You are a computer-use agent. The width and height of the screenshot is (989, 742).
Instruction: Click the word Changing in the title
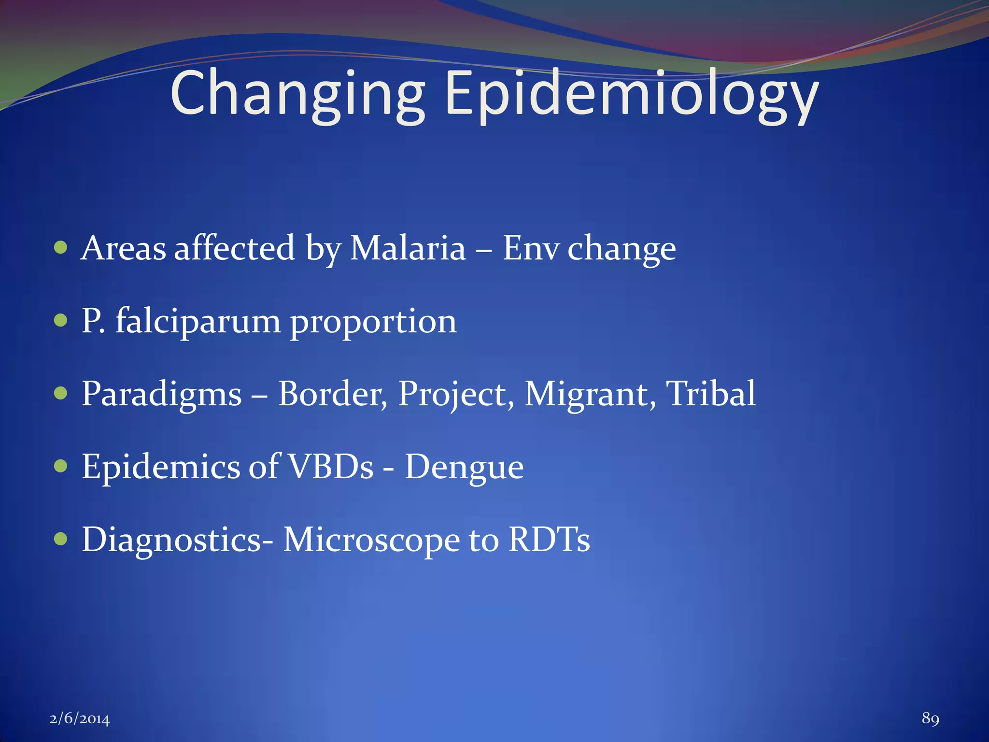(x=297, y=94)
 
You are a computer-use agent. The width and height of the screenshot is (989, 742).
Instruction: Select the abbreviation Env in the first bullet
(x=530, y=248)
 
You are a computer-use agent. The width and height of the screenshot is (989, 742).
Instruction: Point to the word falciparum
(x=198, y=322)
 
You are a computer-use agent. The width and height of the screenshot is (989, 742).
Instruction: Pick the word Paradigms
(x=161, y=394)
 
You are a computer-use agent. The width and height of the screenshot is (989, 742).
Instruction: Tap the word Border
(x=332, y=394)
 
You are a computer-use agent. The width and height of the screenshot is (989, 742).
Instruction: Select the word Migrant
(x=590, y=394)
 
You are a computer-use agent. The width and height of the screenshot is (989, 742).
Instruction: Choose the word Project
(x=456, y=394)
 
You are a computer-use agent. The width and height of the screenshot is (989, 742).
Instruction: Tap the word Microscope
(x=371, y=540)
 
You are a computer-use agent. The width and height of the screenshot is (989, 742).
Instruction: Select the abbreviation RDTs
(x=549, y=539)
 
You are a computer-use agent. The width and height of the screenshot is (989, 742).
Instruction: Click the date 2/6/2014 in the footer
(x=80, y=719)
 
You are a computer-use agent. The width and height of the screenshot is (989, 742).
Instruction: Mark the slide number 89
(x=930, y=718)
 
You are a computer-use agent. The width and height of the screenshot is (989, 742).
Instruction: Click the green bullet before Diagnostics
(x=60, y=539)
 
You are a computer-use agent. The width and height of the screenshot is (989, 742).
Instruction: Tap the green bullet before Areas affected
(x=60, y=248)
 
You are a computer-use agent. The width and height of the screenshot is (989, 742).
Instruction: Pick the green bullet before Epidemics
(x=60, y=466)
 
